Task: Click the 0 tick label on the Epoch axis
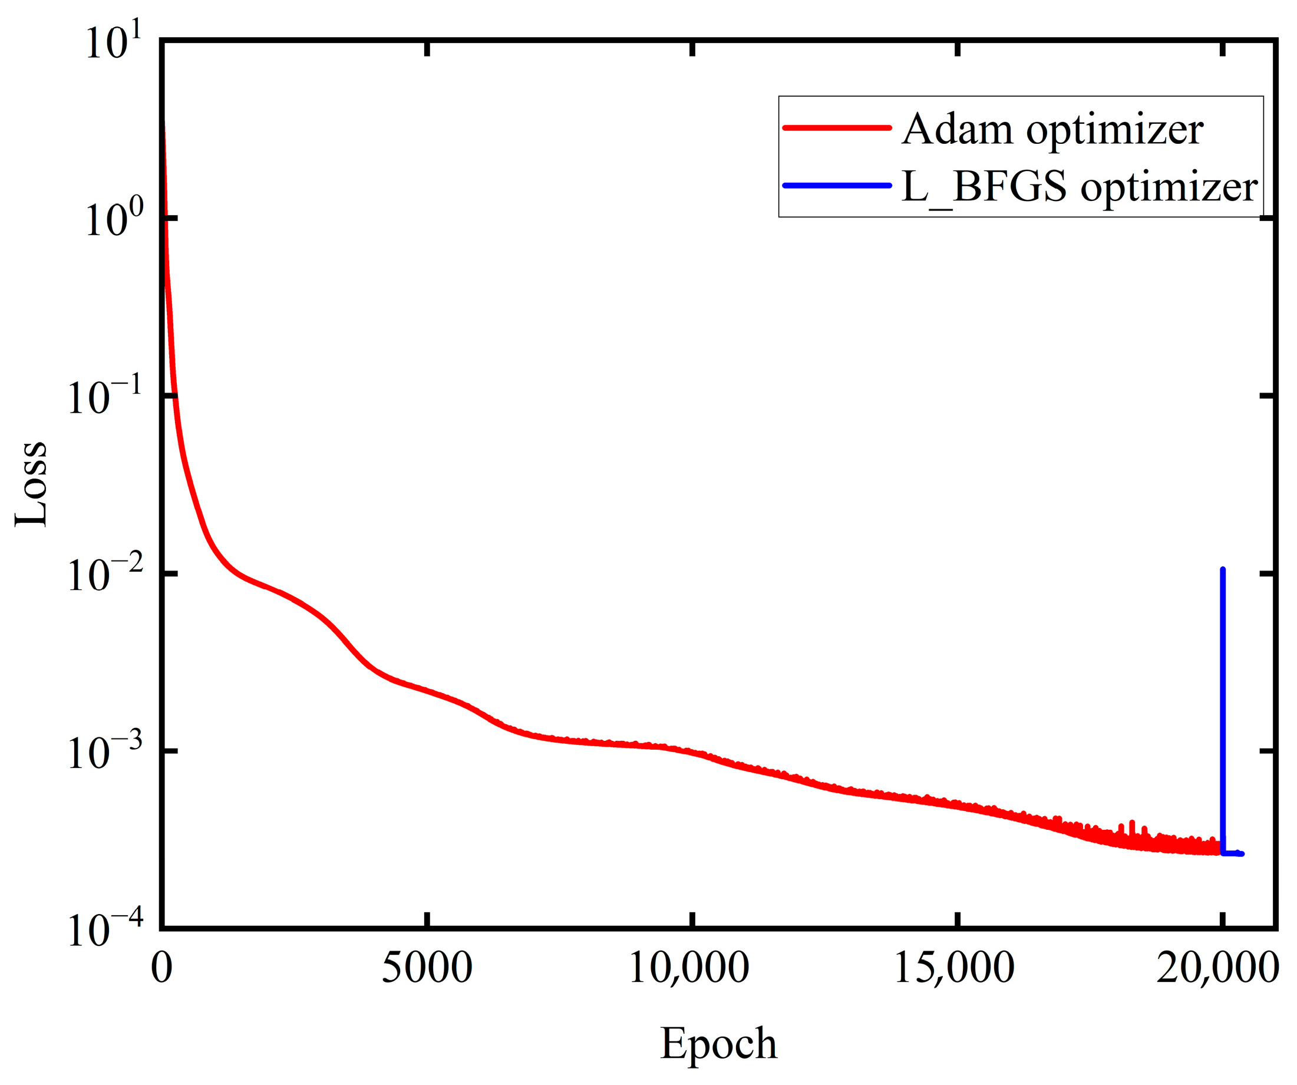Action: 162,968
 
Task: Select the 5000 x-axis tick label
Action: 427,968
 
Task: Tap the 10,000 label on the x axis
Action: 689,968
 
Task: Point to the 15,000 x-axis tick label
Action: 954,968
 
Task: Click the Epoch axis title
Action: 718,1044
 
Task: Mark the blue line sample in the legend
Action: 837,185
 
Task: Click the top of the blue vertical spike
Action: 1223,570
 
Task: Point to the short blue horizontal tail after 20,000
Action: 1233,853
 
